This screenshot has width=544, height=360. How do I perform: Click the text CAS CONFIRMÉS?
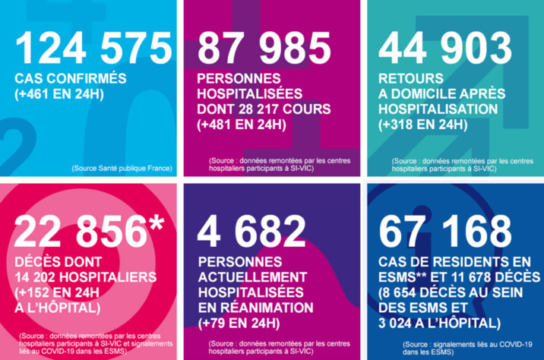pyautogui.click(x=70, y=80)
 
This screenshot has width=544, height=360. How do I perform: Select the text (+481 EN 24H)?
pyautogui.click(x=242, y=125)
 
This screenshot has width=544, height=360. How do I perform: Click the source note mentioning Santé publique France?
pyautogui.click(x=122, y=167)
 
